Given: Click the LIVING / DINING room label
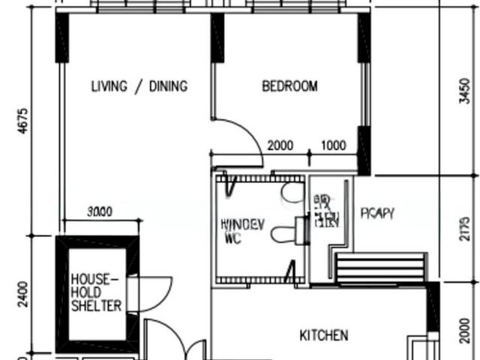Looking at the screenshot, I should pos(139,86).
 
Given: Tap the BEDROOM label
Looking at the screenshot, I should pos(289,86).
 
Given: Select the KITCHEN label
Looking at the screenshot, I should pos(324,334).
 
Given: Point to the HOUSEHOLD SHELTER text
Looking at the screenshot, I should pos(95,292).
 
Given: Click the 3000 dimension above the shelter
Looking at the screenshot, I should pos(99,212).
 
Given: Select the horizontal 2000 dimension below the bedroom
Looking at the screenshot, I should pos(280,145).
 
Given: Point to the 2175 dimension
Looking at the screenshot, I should pos(466,226).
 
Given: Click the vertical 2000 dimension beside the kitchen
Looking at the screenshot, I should pos(466,327).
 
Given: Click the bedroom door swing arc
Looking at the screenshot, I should pos(247,135).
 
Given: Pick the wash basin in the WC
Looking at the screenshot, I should pos(291,193).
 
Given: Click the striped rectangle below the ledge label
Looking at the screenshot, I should pos(379,268).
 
